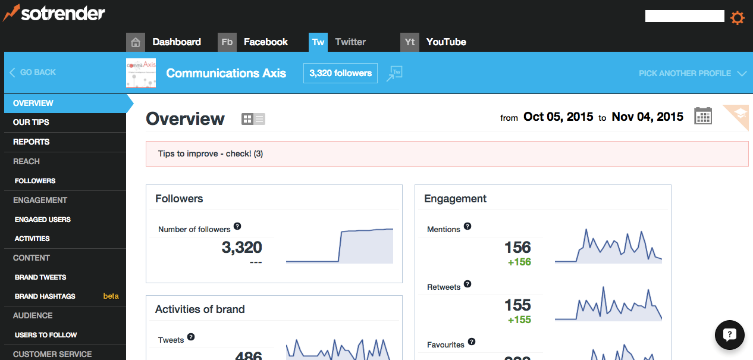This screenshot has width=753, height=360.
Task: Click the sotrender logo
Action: [54, 12]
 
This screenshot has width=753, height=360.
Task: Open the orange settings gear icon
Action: [737, 18]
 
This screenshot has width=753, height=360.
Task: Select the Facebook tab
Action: [265, 42]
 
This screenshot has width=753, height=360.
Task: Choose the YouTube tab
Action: [445, 42]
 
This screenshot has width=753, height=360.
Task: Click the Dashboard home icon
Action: [136, 42]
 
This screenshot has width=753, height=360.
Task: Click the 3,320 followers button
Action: [340, 73]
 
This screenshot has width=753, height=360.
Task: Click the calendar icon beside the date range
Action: [703, 116]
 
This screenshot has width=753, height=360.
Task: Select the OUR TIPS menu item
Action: [31, 122]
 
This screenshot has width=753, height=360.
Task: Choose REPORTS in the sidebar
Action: [31, 142]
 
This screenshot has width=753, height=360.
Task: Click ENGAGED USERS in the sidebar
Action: [42, 220]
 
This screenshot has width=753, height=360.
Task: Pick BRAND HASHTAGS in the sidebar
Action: [45, 296]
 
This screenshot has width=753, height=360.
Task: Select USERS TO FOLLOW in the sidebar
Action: [46, 335]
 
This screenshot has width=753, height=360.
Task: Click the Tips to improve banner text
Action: [211, 154]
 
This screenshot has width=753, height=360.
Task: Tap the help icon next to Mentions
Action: [468, 226]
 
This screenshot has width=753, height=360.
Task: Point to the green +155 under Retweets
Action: [519, 320]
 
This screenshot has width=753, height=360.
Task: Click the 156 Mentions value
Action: [517, 248]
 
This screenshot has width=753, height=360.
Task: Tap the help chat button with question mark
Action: [730, 334]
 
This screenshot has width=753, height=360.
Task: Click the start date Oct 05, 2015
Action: [558, 117]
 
